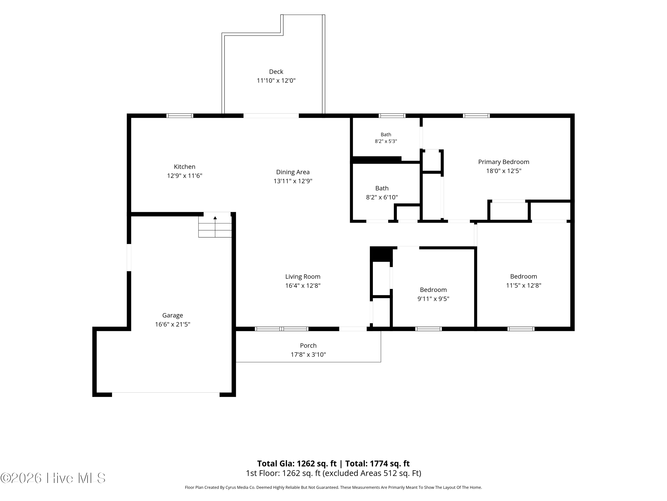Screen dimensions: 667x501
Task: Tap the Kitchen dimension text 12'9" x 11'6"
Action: pos(185,176)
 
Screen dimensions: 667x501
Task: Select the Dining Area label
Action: pos(293,172)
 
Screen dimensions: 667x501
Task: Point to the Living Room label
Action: pos(303,277)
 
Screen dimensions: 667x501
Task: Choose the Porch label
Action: pos(308,346)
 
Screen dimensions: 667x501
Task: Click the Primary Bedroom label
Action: pos(504,162)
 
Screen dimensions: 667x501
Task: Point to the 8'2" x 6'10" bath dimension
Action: pos(382,198)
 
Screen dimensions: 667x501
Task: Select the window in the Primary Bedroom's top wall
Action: pos(476,116)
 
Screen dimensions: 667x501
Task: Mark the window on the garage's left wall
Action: pos(129,257)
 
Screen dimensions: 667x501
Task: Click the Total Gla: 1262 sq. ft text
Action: pos(297,464)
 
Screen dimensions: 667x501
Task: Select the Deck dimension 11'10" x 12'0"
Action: pos(276,81)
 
